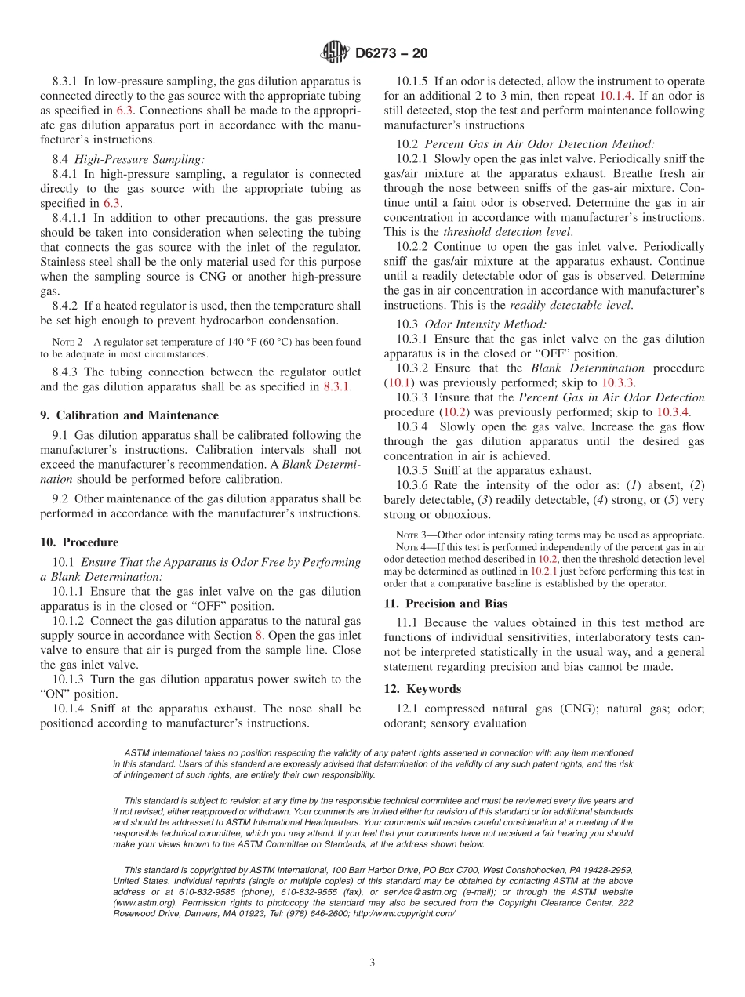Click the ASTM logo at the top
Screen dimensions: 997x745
tap(335, 53)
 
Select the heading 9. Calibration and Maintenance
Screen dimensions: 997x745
tap(129, 415)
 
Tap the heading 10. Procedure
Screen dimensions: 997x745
tap(79, 542)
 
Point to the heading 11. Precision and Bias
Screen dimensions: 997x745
tap(445, 604)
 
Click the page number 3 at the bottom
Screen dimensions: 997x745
tap(372, 963)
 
